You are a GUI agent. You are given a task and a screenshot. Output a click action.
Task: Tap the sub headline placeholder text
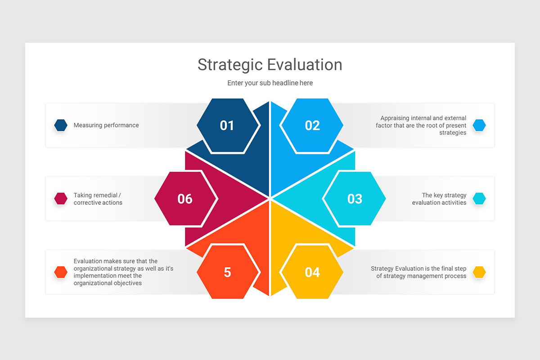[x=270, y=83]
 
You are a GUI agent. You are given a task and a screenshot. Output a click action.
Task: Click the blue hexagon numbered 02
[x=312, y=126]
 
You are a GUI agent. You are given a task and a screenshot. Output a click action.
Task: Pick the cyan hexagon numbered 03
[x=355, y=198]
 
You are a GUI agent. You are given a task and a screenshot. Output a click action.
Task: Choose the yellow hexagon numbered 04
[x=312, y=272]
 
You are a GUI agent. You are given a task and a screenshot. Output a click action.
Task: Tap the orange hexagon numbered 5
[x=228, y=272]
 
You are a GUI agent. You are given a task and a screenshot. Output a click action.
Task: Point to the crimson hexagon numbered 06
[x=185, y=198]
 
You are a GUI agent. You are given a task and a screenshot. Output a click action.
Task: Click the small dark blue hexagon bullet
[x=61, y=125]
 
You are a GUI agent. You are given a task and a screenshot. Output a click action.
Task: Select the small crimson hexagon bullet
[x=61, y=198]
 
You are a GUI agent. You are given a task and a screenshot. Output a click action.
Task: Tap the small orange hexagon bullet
[x=61, y=272]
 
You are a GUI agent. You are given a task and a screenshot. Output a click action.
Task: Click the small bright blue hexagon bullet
[x=479, y=125]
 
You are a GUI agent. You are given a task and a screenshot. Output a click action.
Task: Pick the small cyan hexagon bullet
[x=479, y=198]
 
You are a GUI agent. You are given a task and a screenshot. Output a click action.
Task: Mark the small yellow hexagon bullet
[x=479, y=272]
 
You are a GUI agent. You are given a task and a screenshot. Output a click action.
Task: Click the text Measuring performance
[x=106, y=125]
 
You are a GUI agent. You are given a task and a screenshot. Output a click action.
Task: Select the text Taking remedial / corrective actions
[x=98, y=199]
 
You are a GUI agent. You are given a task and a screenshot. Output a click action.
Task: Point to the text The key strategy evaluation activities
[x=439, y=199]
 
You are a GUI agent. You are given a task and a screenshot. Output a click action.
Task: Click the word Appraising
[x=395, y=118]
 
